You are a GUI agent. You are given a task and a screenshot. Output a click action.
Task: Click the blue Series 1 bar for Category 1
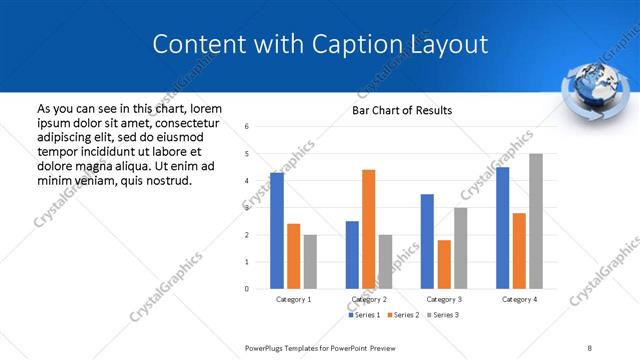tap(277, 231)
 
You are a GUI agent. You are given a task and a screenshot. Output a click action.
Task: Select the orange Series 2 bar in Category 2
tap(368, 229)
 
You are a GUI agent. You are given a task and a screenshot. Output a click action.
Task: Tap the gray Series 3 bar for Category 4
tap(536, 221)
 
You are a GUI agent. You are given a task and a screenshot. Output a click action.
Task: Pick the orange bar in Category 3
tap(444, 264)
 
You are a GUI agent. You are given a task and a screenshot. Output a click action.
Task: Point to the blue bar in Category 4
tap(502, 228)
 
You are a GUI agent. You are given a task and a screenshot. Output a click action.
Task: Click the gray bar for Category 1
tap(310, 262)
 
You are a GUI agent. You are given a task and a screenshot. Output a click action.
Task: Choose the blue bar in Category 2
tap(352, 255)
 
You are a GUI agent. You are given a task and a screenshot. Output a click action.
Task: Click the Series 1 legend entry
tap(363, 315)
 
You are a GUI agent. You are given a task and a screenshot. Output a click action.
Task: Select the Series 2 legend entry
tap(402, 315)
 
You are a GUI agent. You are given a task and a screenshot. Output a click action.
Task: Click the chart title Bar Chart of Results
tap(402, 110)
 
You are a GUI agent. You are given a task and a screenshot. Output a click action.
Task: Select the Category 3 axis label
tap(443, 299)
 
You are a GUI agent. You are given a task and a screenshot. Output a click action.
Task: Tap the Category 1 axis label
tap(293, 299)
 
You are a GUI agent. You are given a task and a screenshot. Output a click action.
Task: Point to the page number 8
tap(589, 347)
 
